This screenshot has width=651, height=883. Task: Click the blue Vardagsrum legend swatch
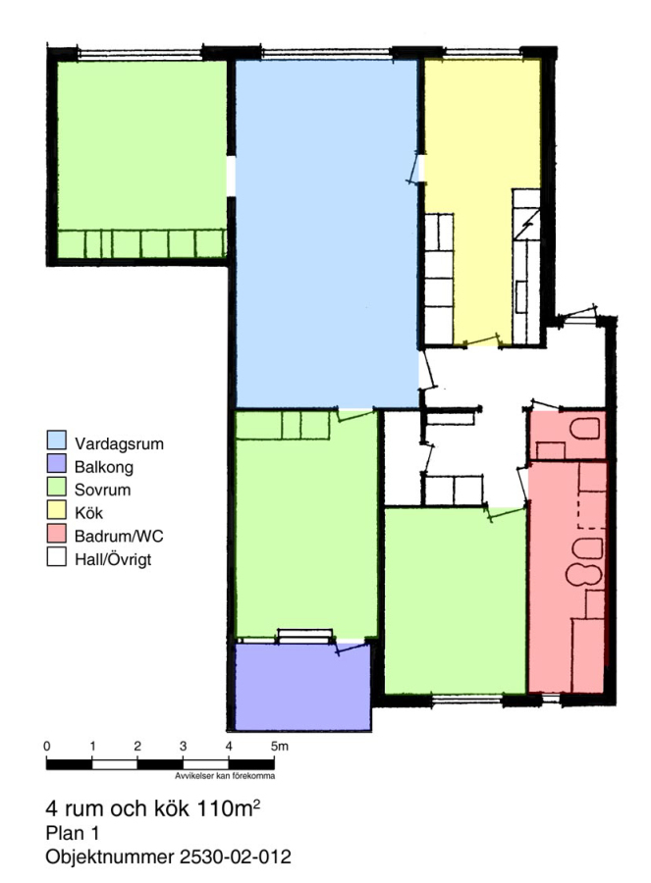pos(56,441)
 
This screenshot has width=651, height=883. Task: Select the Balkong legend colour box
pos(56,463)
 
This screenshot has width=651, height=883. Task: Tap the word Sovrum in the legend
pos(102,490)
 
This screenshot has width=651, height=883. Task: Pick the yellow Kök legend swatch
pos(56,509)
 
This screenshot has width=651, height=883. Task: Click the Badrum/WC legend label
pos(119,536)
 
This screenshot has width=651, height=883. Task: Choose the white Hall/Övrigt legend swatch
pos(56,556)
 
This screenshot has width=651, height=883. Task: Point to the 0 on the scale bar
pos(47,747)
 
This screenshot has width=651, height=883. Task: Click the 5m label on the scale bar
pos(280,747)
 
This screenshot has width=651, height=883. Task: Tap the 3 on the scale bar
pos(184,747)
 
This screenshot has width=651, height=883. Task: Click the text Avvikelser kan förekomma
pos(225,775)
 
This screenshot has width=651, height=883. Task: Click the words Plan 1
pos(72,833)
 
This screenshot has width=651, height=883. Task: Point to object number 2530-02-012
pos(236,857)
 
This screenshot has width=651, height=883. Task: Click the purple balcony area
pos(302,687)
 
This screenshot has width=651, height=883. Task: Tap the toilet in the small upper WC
pos(585,429)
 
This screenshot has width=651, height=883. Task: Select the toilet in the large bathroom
pos(587,547)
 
